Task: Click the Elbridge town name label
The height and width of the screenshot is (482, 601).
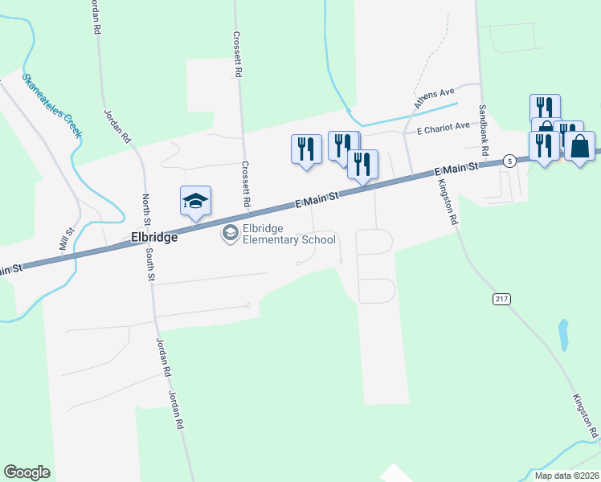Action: [154, 238]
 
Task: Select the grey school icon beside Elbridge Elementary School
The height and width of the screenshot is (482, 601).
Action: [230, 233]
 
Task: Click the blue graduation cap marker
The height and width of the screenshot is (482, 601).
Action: [195, 201]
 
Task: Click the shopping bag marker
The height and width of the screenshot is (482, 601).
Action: [579, 146]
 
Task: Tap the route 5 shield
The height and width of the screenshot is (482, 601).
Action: [509, 161]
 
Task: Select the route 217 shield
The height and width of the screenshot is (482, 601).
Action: [501, 299]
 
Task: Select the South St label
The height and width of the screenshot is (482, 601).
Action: [150, 264]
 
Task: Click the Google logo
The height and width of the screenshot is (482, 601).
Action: [27, 472]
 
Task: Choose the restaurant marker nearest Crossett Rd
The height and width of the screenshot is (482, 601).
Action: [305, 149]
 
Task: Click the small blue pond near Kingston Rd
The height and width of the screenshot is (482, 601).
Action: [563, 335]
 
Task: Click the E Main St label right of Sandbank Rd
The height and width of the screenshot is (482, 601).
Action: [456, 169]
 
